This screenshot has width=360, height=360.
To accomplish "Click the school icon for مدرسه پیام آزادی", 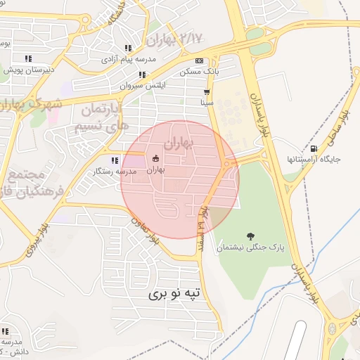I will (127, 48).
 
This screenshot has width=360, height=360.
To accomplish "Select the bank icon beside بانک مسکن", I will (199, 61).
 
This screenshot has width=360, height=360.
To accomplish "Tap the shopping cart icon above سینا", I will (206, 92).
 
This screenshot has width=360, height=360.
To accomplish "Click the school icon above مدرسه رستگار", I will (115, 160).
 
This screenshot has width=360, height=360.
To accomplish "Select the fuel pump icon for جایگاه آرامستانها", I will (313, 148).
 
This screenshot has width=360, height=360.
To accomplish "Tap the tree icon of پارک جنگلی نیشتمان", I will (250, 236).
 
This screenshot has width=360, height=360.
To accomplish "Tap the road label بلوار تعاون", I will (144, 229).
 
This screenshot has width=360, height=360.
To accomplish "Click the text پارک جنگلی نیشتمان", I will (249, 248).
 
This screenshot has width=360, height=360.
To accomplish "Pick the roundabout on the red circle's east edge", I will (227, 164).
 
